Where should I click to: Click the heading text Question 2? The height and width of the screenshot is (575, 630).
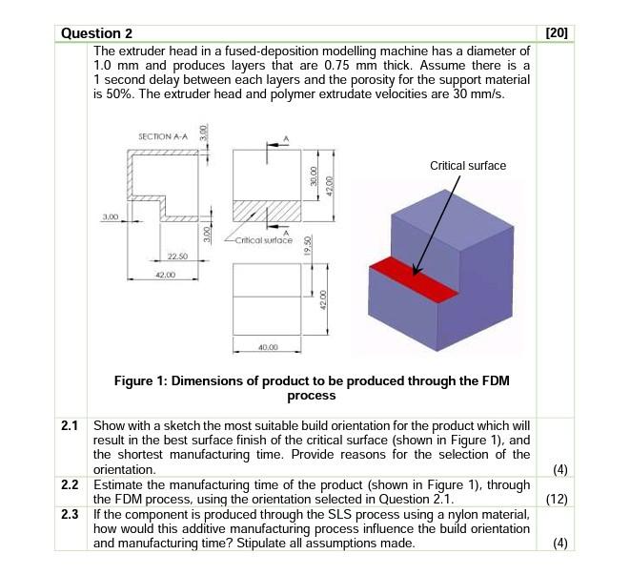pyautogui.click(x=96, y=33)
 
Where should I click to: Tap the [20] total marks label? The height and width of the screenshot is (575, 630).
pyautogui.click(x=558, y=33)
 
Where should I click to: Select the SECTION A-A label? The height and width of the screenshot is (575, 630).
pyautogui.click(x=164, y=136)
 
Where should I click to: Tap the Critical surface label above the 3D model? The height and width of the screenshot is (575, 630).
pyautogui.click(x=468, y=166)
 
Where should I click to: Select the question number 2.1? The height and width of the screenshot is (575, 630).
pyautogui.click(x=69, y=424)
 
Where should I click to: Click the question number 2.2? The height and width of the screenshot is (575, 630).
pyautogui.click(x=69, y=483)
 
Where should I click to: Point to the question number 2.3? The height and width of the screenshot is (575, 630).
pyautogui.click(x=69, y=514)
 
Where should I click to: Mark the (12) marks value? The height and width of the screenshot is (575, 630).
pyautogui.click(x=558, y=498)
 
